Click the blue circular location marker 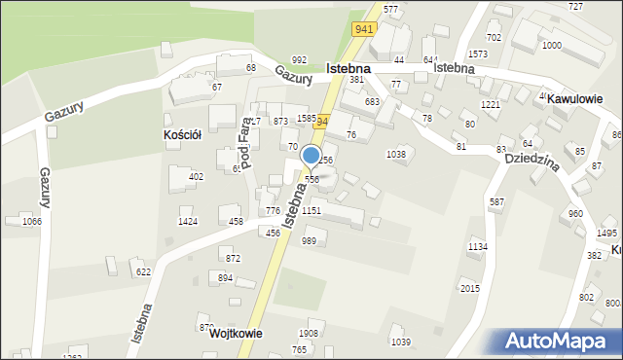[x=311, y=155]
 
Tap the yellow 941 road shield [x=364, y=29]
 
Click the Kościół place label [x=182, y=135]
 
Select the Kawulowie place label [x=574, y=99]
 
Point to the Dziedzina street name [x=531, y=163]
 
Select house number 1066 [x=32, y=222]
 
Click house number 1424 [x=188, y=222]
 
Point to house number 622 [x=143, y=272]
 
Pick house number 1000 [x=551, y=46]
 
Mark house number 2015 [x=470, y=289]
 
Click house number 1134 [x=477, y=247]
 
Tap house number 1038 [x=396, y=154]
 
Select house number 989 [x=309, y=240]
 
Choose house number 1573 [x=478, y=54]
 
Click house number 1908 [x=308, y=334]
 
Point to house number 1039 [x=400, y=341]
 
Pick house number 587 [x=496, y=201]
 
